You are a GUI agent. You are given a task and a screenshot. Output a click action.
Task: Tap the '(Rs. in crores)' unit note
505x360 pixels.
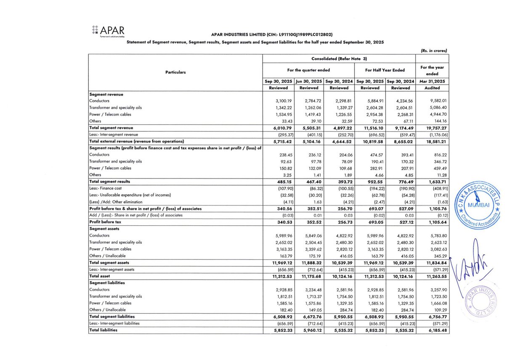pos(433,51)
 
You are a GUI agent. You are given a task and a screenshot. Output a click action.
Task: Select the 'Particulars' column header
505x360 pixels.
pos(175,72)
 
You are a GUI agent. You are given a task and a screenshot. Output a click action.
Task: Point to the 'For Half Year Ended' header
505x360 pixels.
pos(385,70)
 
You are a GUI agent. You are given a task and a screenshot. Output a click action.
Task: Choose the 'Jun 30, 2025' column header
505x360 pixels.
pos(308,81)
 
